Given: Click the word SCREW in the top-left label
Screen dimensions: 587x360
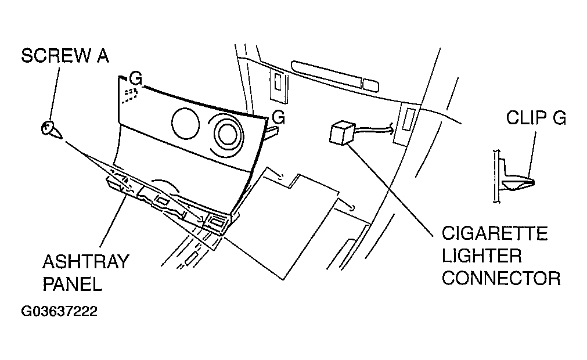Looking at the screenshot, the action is (56, 56).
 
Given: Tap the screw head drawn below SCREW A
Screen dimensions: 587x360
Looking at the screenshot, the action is (48, 128).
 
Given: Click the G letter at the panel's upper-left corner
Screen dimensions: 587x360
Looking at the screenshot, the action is (136, 78).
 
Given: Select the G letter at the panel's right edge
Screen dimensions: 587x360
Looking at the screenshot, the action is (279, 117).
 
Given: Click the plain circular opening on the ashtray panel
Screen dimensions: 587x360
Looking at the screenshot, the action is (185, 124).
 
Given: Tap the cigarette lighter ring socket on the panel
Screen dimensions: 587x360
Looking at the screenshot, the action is (226, 134).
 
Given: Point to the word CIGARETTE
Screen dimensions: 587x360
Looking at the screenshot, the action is (495, 233).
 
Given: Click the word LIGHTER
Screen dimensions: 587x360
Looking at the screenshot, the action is (481, 256).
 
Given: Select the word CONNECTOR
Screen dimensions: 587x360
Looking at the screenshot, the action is (501, 279).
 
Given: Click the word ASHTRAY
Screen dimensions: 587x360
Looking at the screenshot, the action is (86, 261).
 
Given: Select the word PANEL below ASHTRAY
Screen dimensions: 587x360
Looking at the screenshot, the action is (72, 284).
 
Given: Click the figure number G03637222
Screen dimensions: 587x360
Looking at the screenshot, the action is (59, 311).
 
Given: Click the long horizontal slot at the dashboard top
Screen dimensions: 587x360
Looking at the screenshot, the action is (334, 76).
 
